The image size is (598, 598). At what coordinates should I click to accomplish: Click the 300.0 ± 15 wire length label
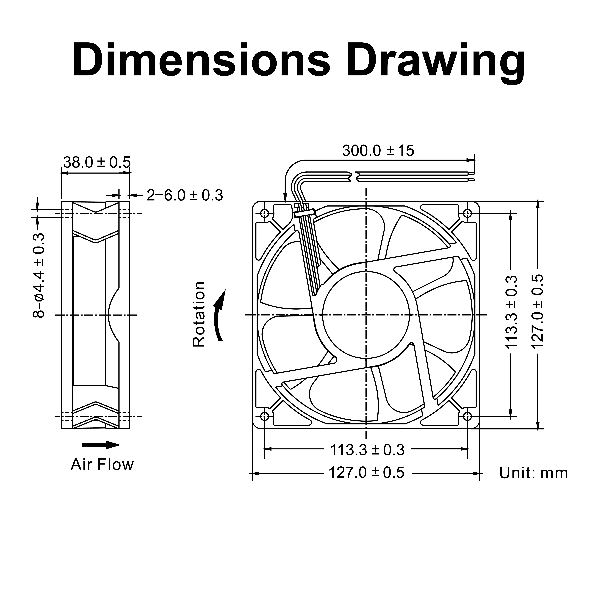click(x=378, y=151)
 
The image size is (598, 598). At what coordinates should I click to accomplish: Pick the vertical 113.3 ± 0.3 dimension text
click(x=511, y=312)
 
